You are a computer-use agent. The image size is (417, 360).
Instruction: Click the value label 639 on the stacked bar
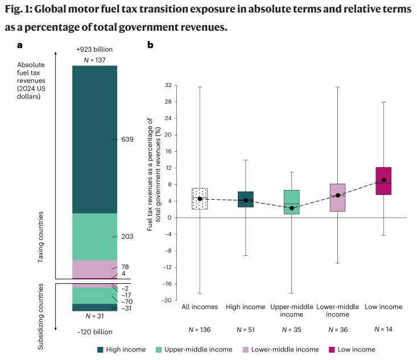click(x=127, y=139)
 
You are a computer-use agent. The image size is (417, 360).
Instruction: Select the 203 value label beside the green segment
click(x=127, y=236)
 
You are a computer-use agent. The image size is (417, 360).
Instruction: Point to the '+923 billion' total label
click(x=94, y=50)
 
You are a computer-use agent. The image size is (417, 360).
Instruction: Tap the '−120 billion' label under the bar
click(x=94, y=332)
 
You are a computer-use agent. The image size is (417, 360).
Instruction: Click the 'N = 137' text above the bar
click(x=94, y=60)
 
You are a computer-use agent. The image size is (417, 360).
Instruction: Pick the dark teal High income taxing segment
click(x=94, y=139)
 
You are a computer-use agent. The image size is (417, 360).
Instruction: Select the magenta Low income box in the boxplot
click(x=383, y=181)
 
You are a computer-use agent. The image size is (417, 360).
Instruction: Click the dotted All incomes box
click(x=200, y=198)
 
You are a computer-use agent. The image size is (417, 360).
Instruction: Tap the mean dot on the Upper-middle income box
click(x=291, y=208)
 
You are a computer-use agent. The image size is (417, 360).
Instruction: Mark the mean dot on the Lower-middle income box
click(x=337, y=195)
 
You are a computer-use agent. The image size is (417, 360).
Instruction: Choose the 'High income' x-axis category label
click(x=246, y=307)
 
